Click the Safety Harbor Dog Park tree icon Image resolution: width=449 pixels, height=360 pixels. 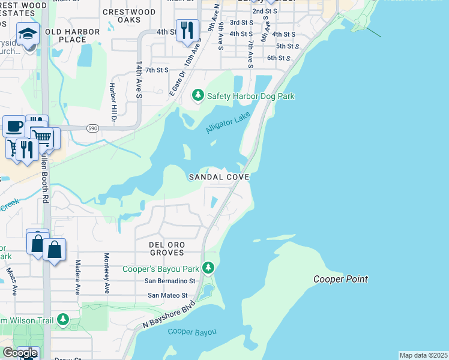[198, 95]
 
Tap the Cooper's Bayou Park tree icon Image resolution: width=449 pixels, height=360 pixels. [208, 268]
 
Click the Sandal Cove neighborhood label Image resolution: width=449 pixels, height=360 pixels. [218, 177]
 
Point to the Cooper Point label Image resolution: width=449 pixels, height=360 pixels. [340, 279]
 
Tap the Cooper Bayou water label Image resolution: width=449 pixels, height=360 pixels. [192, 332]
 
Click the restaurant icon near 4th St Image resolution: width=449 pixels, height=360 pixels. [187, 29]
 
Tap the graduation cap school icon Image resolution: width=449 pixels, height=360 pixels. [28, 34]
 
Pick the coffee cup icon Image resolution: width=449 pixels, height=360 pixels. [14, 126]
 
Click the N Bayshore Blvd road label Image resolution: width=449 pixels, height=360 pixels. [170, 315]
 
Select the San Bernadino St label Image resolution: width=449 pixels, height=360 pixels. [170, 281]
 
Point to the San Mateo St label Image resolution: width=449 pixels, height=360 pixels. [168, 296]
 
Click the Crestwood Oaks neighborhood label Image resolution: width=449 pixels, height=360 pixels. [129, 16]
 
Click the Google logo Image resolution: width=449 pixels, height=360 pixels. [20, 353]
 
